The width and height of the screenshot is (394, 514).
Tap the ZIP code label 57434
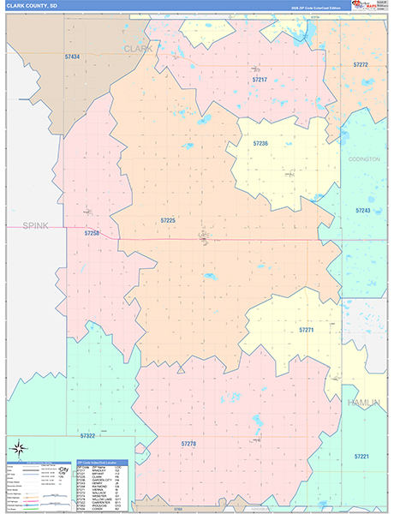click(72, 57)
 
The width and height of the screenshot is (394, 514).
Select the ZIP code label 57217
click(260, 80)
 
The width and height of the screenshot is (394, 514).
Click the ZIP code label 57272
click(360, 65)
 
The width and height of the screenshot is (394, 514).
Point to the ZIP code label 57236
click(260, 143)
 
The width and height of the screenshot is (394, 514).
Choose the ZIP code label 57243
click(363, 210)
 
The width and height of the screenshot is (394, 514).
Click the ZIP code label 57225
click(168, 220)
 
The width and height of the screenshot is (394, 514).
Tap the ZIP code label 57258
click(92, 233)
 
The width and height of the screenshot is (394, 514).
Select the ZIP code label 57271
click(307, 330)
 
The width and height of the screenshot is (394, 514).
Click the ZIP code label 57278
click(189, 443)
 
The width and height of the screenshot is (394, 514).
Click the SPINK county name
click(35, 225)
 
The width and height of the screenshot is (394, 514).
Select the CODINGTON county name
click(364, 159)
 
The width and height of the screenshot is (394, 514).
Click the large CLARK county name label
click(138, 49)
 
